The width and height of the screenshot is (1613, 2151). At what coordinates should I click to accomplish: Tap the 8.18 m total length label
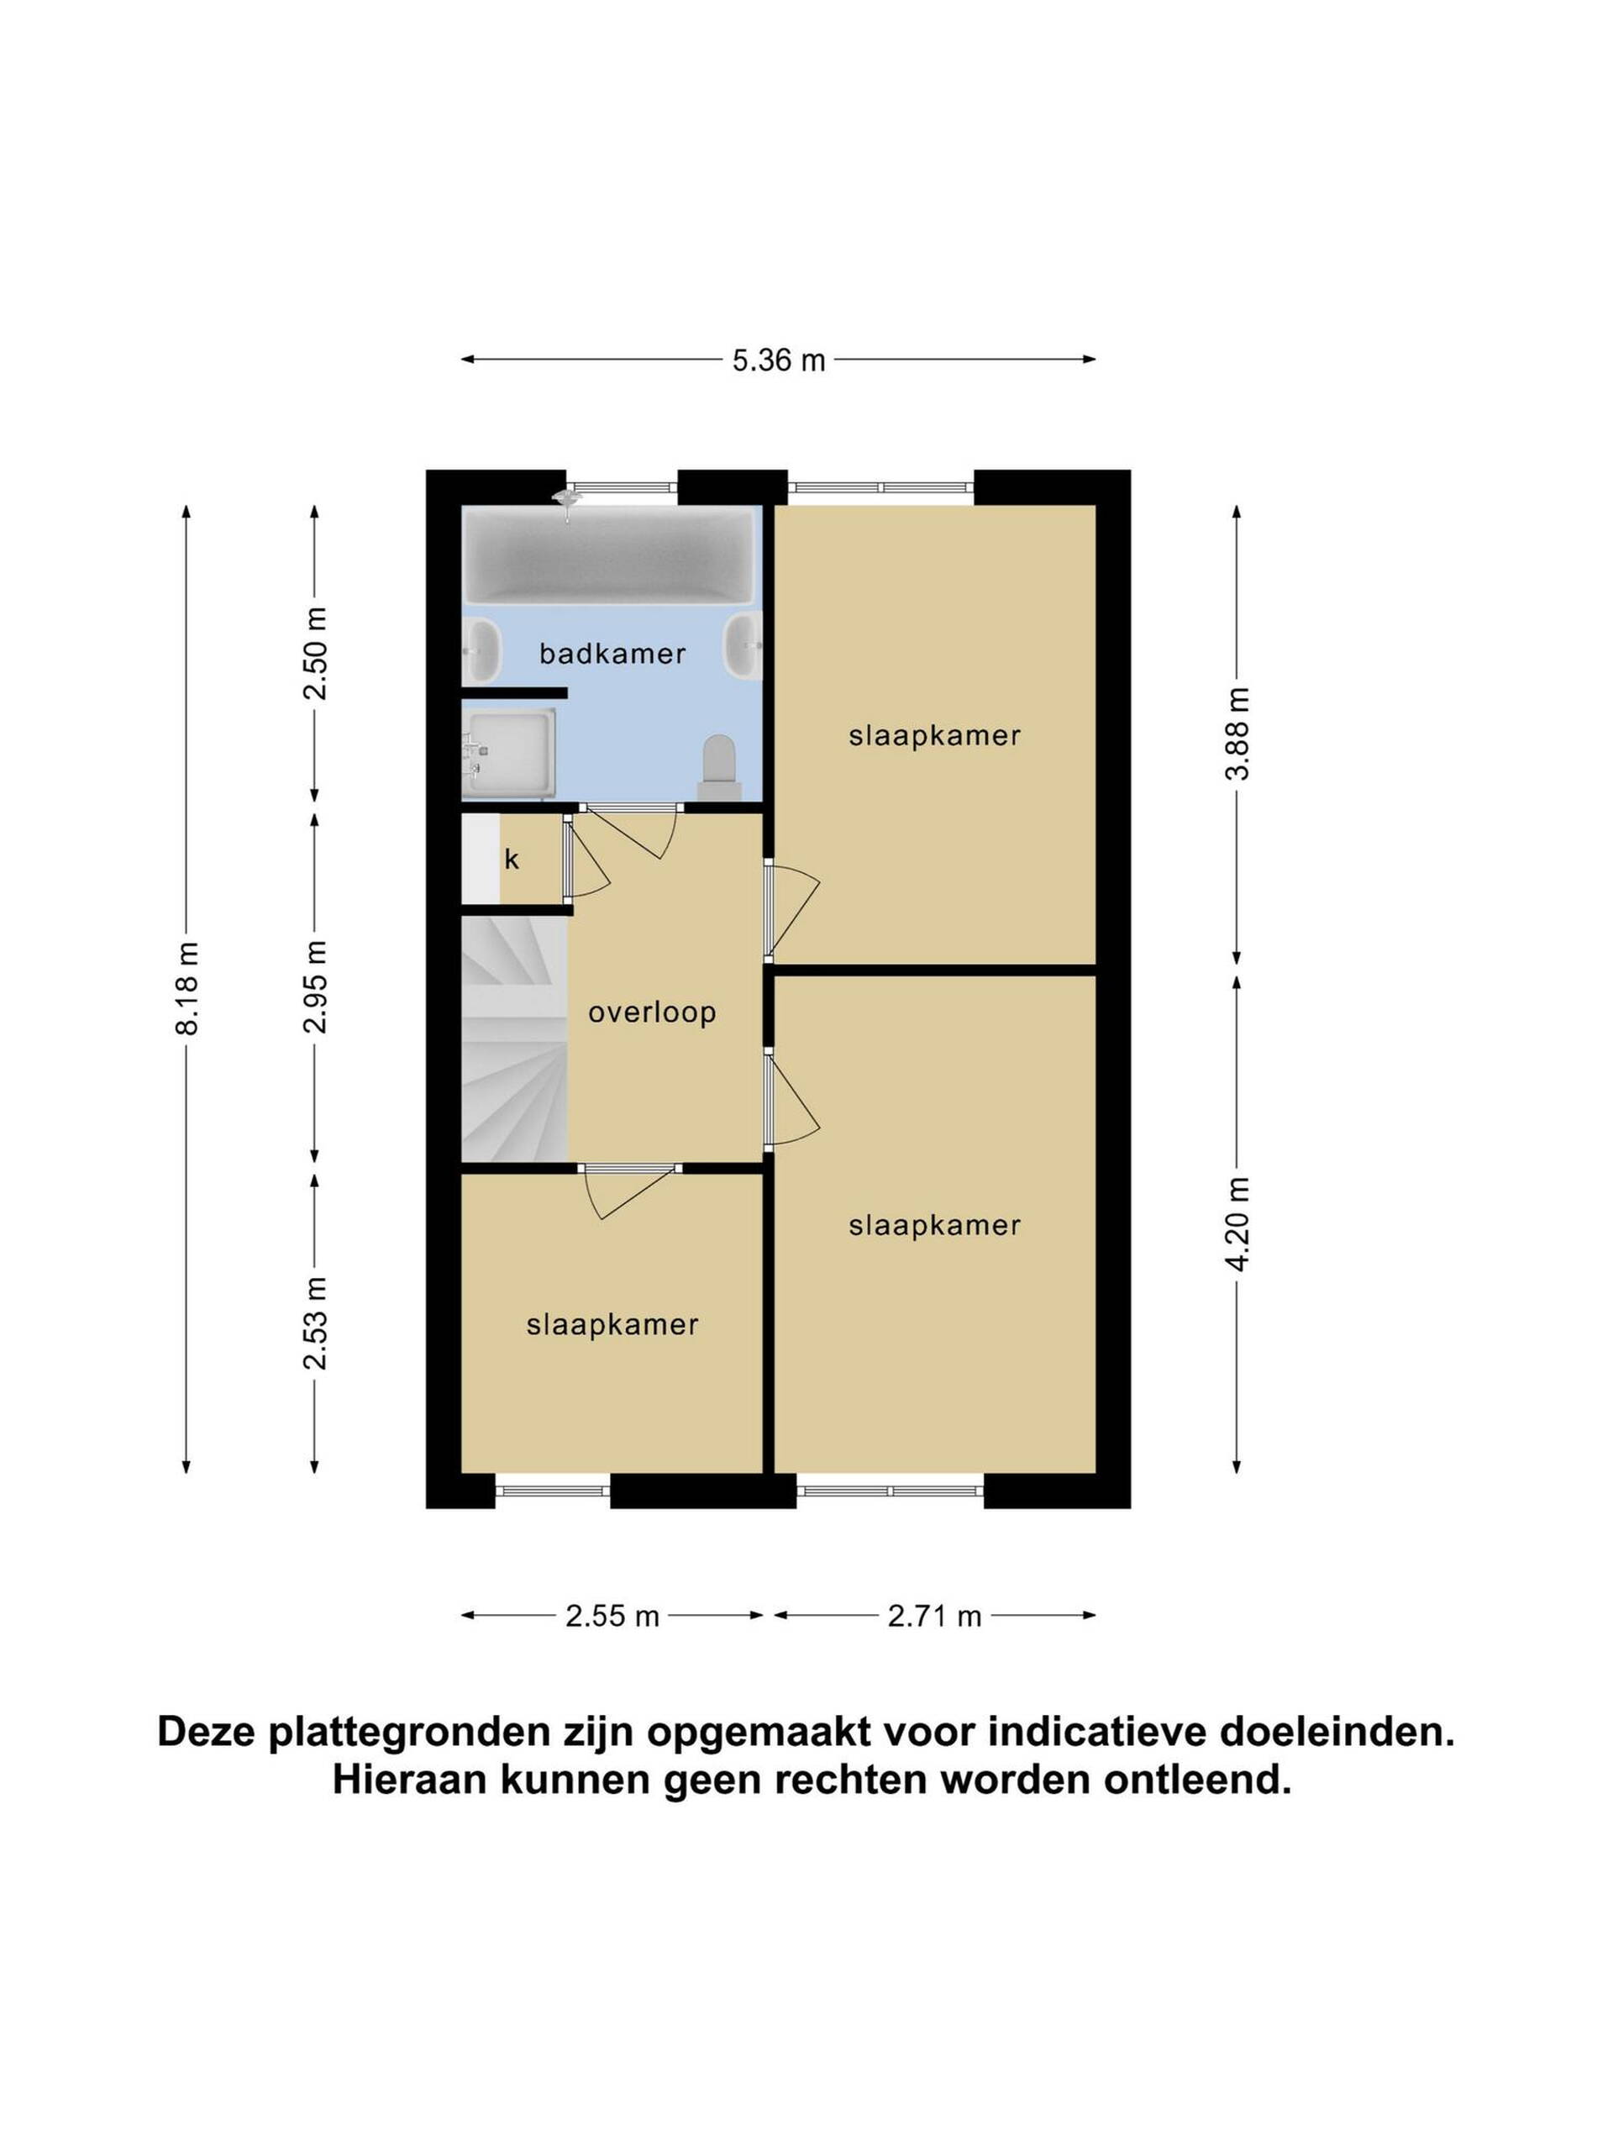point(186,988)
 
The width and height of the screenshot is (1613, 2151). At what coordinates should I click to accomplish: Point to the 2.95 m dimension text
point(315,988)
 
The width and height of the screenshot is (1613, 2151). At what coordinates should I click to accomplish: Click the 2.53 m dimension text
point(315,1323)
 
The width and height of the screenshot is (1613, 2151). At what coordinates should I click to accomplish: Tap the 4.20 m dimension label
point(1237,1223)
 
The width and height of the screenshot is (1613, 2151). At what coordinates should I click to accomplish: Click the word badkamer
point(612,654)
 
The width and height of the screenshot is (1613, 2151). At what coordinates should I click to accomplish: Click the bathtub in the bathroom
point(608,555)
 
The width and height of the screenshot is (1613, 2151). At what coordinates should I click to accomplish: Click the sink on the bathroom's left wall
point(481,651)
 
